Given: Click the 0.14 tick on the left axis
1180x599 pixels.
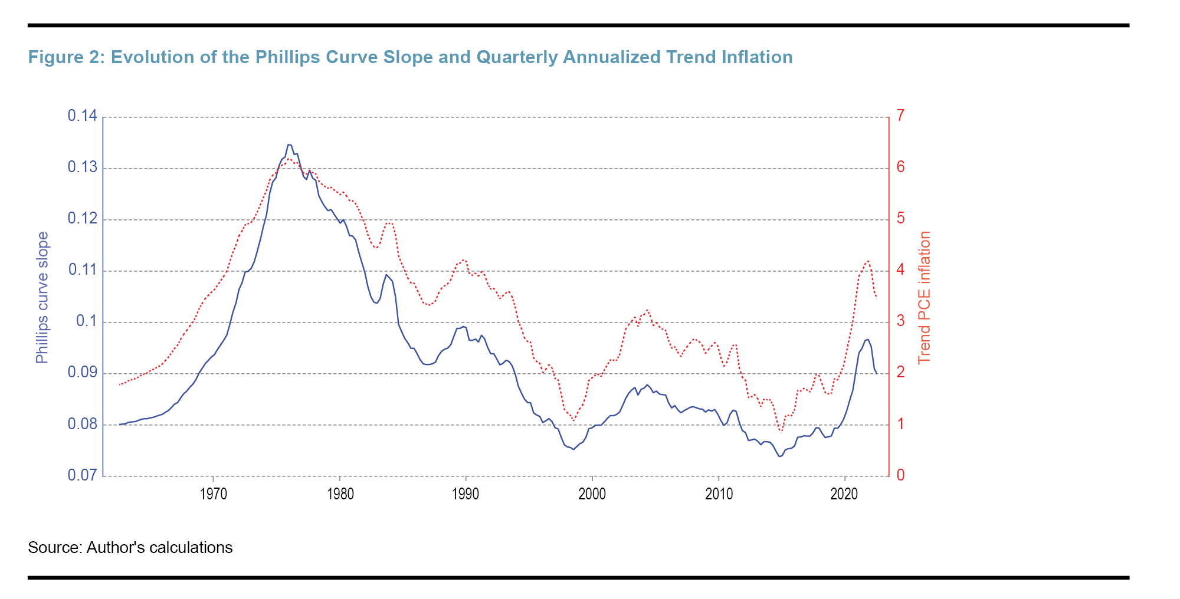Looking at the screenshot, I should point(82,116).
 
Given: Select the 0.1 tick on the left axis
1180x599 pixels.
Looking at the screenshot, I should point(86,321).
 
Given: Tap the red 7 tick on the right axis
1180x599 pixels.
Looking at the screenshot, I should point(900,116).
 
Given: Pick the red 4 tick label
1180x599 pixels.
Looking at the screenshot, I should point(900,270).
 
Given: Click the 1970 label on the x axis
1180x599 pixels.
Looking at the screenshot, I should point(213,495).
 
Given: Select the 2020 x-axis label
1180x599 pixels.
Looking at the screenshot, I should point(844,495).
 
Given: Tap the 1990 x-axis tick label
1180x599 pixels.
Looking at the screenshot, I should point(466,495).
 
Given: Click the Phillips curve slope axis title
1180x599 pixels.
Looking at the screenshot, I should point(42,298).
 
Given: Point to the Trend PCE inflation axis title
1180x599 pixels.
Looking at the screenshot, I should point(925,298).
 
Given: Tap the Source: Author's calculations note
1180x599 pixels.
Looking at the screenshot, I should point(130,548).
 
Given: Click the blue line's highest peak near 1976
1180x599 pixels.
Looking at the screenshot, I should point(289,144).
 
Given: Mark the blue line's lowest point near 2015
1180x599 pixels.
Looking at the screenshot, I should point(779,456).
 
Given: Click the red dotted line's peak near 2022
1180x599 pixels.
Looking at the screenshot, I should point(867,261).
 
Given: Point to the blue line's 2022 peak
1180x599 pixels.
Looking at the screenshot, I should point(867,340).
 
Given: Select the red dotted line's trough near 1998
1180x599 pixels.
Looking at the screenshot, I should point(573,420).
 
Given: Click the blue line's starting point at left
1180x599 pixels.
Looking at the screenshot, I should point(120,424).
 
